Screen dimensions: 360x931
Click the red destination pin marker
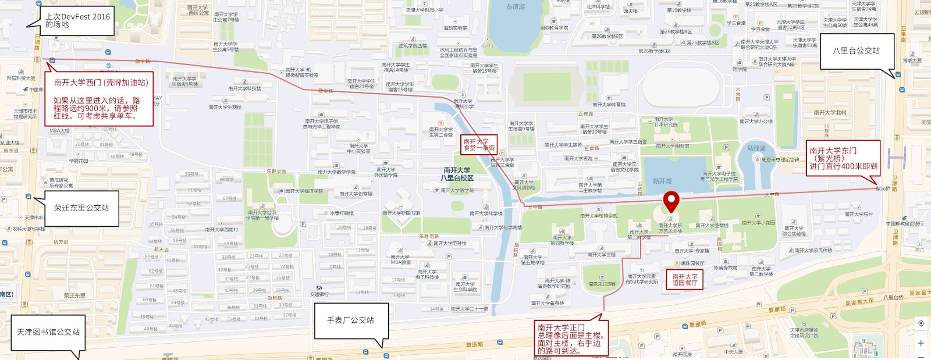(671, 201)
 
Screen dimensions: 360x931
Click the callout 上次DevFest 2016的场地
(77, 20)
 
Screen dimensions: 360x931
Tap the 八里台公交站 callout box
(856, 51)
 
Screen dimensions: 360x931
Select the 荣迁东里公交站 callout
(81, 208)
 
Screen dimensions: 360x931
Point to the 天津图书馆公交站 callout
(48, 332)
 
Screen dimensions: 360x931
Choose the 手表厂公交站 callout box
(350, 320)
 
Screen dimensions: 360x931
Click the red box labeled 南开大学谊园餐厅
(684, 280)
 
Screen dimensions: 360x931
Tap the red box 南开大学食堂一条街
(478, 144)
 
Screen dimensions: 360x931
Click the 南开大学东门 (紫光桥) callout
(843, 158)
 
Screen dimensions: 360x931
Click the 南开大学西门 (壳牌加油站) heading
(101, 83)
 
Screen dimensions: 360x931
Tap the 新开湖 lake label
(662, 181)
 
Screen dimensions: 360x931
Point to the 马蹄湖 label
(756, 149)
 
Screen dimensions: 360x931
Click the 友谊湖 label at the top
(515, 7)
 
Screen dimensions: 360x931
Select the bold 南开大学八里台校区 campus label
(457, 174)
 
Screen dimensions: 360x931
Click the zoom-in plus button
(921, 343)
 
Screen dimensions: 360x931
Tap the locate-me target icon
(921, 323)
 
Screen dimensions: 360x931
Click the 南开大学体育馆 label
(609, 105)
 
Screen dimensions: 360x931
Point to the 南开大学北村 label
(830, 112)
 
